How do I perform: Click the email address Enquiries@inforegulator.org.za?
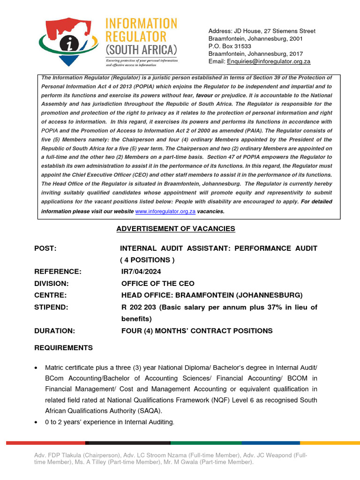pos(269,61)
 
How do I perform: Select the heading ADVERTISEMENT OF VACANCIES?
pos(176,229)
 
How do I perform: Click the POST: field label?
pos(45,248)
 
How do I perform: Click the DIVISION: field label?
pos(52,284)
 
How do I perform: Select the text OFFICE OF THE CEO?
pos(157,284)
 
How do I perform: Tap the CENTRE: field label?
pos(50,295)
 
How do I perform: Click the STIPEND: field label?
pos(51,307)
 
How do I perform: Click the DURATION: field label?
pos(54,331)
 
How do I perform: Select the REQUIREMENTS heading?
pos(63,348)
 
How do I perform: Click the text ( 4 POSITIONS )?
pos(147,260)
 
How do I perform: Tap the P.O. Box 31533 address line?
pos(230,46)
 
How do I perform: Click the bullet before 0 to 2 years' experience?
pos(36,423)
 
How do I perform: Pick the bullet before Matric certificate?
pos(36,367)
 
